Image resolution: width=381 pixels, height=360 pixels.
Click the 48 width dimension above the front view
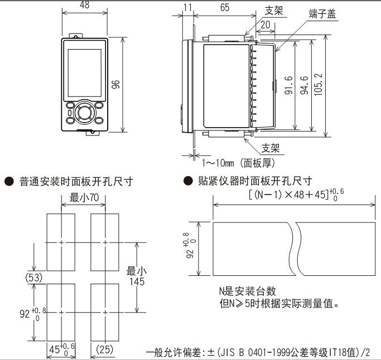(84, 6)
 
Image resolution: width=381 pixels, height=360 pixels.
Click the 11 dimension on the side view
(187, 7)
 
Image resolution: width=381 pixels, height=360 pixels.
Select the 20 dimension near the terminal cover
(265, 25)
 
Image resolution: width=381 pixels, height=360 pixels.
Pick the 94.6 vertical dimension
(303, 85)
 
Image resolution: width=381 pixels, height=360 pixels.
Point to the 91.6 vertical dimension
(288, 86)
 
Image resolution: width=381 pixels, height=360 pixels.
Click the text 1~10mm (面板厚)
(238, 163)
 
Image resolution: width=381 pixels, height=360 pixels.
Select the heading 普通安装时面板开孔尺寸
(76, 182)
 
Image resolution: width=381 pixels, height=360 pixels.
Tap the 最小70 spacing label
(83, 197)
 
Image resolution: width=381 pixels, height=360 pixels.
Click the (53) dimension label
(35, 277)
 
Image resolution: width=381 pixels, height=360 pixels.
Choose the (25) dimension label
(104, 349)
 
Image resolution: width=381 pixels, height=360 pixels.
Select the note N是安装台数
(247, 291)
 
